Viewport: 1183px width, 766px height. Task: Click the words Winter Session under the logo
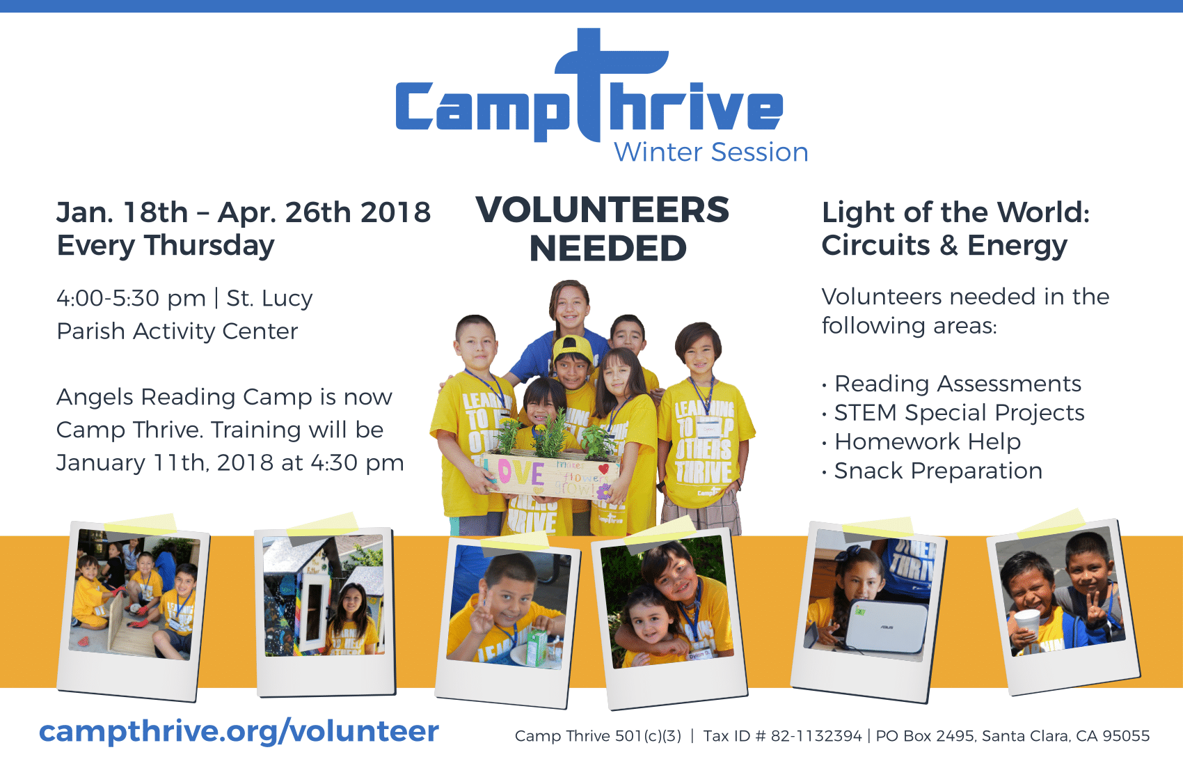pos(711,153)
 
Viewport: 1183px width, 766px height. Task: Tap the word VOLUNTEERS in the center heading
pos(602,210)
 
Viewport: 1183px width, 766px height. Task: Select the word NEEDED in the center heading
pos(608,248)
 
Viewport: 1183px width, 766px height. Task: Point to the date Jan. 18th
pos(122,212)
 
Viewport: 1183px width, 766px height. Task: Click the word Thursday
pos(209,247)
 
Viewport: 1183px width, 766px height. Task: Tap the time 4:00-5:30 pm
pos(131,298)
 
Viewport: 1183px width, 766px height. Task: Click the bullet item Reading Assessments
pos(958,384)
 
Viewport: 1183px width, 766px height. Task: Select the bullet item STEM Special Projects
pos(959,413)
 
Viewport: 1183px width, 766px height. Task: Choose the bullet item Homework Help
pos(928,442)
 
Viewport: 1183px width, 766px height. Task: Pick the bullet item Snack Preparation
pos(938,471)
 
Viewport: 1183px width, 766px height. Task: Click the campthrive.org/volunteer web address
pos(239,732)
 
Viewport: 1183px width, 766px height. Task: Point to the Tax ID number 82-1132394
pos(816,736)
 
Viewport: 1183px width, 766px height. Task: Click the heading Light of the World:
pos(955,212)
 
